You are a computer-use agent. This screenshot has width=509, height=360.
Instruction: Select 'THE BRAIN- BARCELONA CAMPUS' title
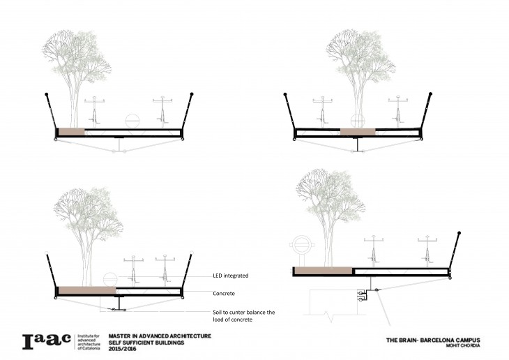pyautogui.click(x=433, y=340)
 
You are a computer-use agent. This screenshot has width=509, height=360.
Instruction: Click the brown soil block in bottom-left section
pyautogui.click(x=86, y=289)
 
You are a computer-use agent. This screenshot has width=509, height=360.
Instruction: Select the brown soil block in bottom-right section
pyautogui.click(x=322, y=271)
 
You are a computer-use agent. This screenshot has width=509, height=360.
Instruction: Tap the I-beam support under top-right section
pyautogui.click(x=358, y=144)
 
